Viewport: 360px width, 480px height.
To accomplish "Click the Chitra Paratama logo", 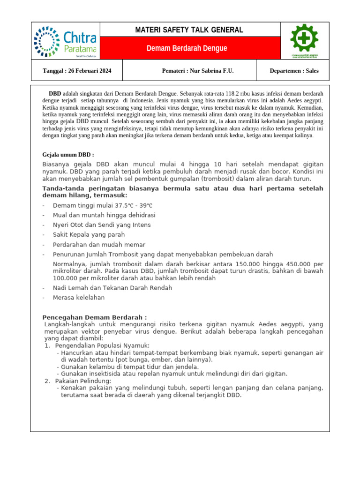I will pyautogui.click(x=65, y=41).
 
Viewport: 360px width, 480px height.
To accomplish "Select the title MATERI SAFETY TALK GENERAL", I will pyautogui.click(x=189, y=30).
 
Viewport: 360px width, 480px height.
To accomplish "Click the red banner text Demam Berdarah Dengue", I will pyautogui.click(x=187, y=48).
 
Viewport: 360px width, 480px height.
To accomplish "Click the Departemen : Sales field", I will pyautogui.click(x=294, y=71).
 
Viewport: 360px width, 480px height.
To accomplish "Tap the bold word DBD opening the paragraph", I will pyautogui.click(x=55, y=94).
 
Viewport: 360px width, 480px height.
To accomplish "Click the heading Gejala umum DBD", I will pyautogui.click(x=68, y=155).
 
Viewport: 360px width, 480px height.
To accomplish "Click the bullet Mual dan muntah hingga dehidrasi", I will pyautogui.click(x=104, y=215).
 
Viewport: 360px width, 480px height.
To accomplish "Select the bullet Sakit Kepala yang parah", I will pyautogui.click(x=89, y=235).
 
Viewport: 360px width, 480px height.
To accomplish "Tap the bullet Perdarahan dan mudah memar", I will pyautogui.click(x=99, y=245).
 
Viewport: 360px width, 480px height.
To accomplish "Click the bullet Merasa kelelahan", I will pyautogui.click(x=79, y=298).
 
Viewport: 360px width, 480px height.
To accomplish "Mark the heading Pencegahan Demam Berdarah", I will pyautogui.click(x=95, y=317).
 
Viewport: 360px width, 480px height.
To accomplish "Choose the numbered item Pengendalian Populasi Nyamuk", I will pyautogui.click(x=101, y=345).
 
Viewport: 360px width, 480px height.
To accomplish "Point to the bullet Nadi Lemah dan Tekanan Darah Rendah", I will pyautogui.click(x=112, y=288).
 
